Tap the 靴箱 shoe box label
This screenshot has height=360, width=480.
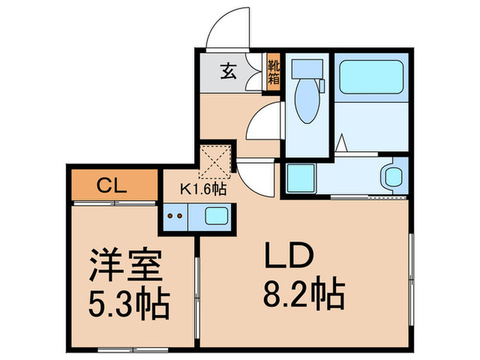[x=274, y=73]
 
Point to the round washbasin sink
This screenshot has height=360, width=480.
[x=393, y=176]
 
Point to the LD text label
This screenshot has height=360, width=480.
[x=289, y=258]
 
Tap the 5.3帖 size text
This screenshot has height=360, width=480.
[x=129, y=304]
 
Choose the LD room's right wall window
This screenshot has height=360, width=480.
[x=411, y=274]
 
